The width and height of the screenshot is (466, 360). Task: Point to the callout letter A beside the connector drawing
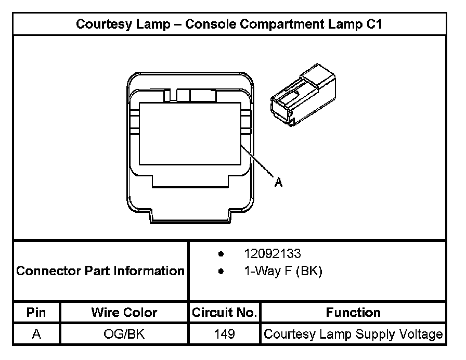(x=278, y=182)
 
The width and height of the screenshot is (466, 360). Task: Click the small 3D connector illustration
(x=303, y=95)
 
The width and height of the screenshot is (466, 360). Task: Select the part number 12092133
(x=273, y=254)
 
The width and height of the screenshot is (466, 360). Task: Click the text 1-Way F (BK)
(x=283, y=271)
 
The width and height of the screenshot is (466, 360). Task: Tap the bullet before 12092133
(x=222, y=254)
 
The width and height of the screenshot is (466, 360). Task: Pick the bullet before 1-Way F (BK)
(x=222, y=272)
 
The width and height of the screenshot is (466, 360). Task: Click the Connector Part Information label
(x=100, y=271)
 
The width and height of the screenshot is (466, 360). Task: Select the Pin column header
(x=36, y=313)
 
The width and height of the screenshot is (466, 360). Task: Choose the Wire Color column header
(x=124, y=313)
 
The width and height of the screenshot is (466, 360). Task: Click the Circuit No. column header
(x=225, y=313)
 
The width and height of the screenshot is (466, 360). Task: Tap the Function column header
(x=353, y=313)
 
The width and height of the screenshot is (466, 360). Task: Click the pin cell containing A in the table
(x=36, y=334)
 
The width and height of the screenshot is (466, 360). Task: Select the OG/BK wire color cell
(x=124, y=334)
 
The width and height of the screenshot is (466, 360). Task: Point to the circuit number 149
(x=225, y=334)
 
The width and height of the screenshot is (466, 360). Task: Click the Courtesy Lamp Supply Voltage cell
(x=353, y=334)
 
